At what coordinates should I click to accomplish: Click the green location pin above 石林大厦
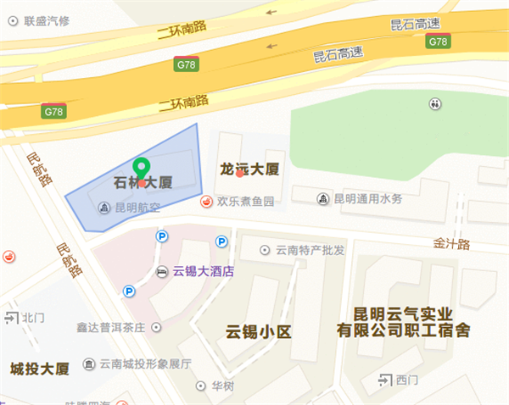[x=143, y=167]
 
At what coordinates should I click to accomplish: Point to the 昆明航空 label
[x=138, y=207]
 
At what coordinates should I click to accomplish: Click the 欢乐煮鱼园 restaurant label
[x=246, y=202]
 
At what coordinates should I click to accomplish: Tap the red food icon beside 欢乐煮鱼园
[x=206, y=202]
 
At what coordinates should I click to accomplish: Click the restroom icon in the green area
[x=435, y=103]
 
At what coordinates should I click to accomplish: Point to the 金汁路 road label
[x=452, y=243]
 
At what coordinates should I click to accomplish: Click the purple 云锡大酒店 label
[x=203, y=272]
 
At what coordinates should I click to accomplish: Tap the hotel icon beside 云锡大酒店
[x=163, y=272]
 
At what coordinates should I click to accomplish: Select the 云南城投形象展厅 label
[x=145, y=364]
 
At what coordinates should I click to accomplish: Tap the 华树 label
[x=222, y=386]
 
